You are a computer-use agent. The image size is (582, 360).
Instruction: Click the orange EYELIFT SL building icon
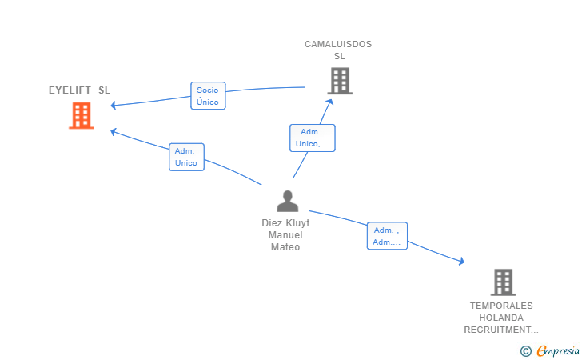[82, 115]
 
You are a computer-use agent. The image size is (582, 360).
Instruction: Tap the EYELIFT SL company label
[79, 90]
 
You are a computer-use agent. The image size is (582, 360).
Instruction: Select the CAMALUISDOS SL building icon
[340, 81]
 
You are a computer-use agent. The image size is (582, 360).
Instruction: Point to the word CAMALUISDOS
[338, 44]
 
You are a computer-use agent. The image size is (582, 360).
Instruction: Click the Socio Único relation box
[208, 96]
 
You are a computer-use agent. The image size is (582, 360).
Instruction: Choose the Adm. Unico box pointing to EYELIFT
[186, 157]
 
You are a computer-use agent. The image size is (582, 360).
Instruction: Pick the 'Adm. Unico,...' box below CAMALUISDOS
[312, 138]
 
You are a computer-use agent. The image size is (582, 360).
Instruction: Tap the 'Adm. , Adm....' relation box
[387, 236]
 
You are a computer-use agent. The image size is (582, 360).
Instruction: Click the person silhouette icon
[288, 201]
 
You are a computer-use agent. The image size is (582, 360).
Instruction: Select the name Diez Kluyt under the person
[285, 223]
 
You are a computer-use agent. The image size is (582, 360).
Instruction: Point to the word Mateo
[285, 247]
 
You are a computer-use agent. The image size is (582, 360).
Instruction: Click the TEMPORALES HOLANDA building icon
[504, 282]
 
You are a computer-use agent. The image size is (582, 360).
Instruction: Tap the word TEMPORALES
[501, 306]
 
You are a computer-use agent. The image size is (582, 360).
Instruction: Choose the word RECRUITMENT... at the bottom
[501, 330]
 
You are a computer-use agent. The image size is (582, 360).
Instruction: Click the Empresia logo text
[558, 350]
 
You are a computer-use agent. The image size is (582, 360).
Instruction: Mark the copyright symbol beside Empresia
[526, 351]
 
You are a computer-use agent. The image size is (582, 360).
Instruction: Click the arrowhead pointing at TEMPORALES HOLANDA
[461, 262]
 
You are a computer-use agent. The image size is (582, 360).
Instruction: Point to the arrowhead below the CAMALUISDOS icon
[329, 102]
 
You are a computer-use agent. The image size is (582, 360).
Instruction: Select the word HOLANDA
[501, 318]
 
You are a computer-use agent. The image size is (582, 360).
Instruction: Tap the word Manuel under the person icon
[285, 235]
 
